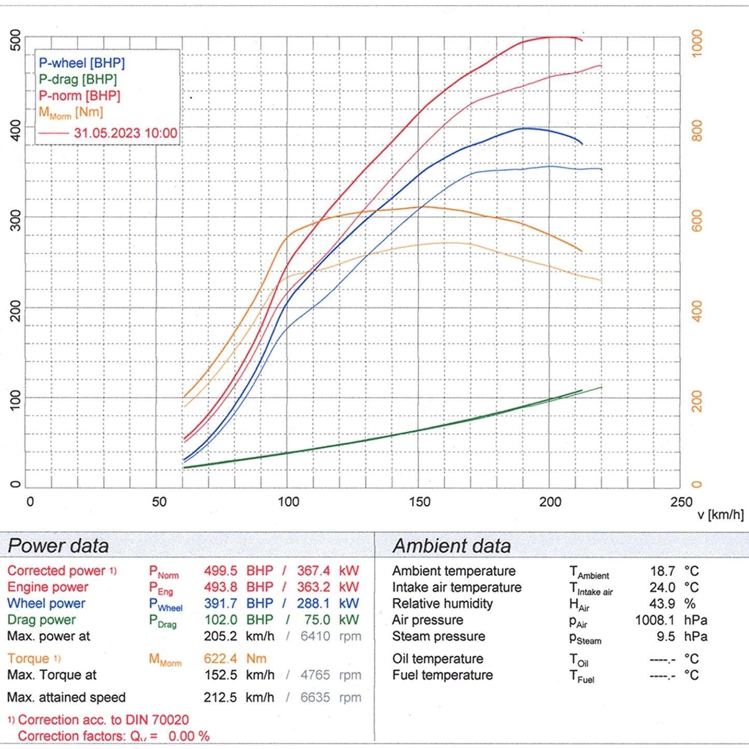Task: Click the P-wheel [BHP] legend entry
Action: pos(82,63)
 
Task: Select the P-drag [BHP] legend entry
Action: pos(78,79)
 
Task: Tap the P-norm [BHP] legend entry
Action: pos(79,96)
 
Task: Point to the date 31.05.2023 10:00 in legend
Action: pos(125,133)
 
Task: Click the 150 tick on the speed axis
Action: pos(419,502)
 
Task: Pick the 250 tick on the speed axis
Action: pos(681,502)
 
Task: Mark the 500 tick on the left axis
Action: pos(16,40)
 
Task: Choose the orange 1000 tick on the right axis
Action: pos(697,44)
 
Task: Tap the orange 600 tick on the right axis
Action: pos(697,221)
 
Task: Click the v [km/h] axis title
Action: pos(720,515)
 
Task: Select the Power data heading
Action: pos(58,546)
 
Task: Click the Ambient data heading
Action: pos(451,546)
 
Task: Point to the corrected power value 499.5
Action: pos(220,571)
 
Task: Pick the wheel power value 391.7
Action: pos(220,603)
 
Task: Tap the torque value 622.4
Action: pos(220,659)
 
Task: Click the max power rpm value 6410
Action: pos(315,636)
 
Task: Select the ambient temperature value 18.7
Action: pos(662,571)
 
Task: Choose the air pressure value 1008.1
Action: pos(655,620)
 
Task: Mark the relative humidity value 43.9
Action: pos(662,604)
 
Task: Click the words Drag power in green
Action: pos(41,620)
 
